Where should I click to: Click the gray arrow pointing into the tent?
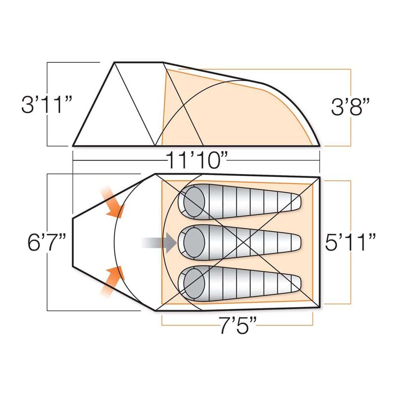pyautogui.click(x=159, y=243)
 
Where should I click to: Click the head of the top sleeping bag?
pyautogui.click(x=194, y=202)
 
